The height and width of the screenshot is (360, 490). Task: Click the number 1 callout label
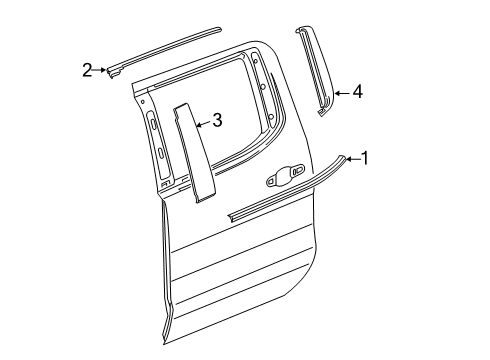365,157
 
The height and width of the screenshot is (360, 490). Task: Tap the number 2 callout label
87,69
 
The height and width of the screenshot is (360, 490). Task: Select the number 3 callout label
216,122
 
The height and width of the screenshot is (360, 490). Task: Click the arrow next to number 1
353,157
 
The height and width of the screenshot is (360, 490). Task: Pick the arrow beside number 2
100,69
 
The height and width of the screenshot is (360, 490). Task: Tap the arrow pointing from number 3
202,124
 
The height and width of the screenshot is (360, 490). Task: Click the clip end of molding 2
114,70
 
